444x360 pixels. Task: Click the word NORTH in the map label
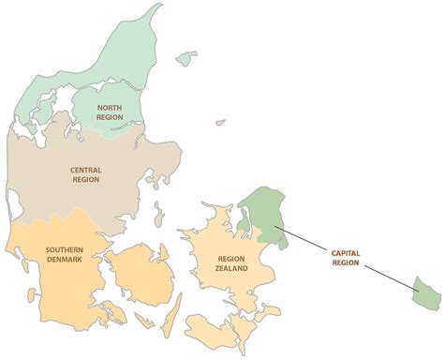click(110, 109)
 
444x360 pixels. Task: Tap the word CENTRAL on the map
click(86, 170)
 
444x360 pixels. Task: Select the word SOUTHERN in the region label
click(64, 250)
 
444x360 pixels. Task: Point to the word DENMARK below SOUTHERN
click(64, 261)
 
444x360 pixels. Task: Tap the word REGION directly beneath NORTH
click(110, 119)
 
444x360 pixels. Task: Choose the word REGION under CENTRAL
click(86, 180)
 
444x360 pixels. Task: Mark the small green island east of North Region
click(187, 57)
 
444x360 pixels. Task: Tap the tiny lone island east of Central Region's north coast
click(220, 121)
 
